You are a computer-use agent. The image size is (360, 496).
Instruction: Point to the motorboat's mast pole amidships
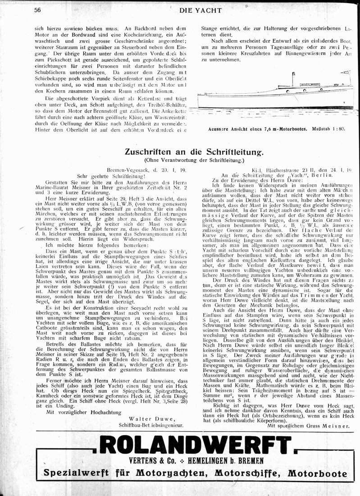[x=293, y=79]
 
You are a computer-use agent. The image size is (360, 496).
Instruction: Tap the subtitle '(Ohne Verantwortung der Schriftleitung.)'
[x=193, y=160]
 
